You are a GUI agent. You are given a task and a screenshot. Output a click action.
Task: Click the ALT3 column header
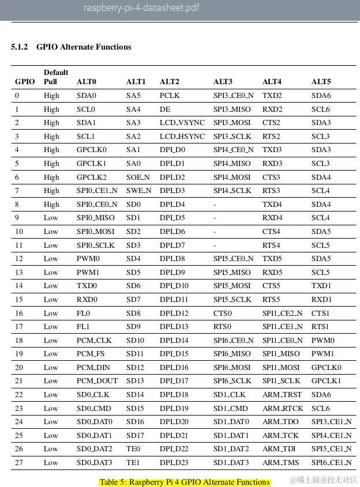click(x=223, y=82)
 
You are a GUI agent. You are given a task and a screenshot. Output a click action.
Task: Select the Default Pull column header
click(x=55, y=77)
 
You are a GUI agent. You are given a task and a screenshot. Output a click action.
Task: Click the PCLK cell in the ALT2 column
click(x=169, y=96)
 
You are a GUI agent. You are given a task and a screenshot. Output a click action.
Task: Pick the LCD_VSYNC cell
click(x=182, y=123)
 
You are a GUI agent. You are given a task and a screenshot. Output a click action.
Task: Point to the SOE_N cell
click(x=138, y=178)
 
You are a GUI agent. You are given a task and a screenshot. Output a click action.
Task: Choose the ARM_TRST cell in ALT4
click(x=282, y=395)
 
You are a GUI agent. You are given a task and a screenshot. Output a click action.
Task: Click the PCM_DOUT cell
click(x=97, y=381)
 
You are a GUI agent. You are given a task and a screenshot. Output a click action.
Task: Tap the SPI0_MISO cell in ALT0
click(x=95, y=218)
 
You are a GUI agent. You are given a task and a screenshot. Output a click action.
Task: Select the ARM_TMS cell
click(x=282, y=463)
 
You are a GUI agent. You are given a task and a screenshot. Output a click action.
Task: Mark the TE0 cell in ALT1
click(x=133, y=449)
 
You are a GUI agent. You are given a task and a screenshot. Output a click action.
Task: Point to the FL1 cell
click(x=83, y=327)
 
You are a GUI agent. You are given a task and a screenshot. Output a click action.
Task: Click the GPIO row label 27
click(x=19, y=463)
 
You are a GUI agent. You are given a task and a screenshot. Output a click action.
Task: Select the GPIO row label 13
click(x=19, y=273)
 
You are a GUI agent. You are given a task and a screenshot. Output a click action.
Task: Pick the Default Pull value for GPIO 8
click(x=51, y=205)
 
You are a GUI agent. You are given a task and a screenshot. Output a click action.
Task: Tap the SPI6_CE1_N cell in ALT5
click(x=331, y=463)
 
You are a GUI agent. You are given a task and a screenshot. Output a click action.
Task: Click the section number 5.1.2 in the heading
click(x=20, y=47)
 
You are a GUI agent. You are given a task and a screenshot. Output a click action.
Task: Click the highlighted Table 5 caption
click(x=184, y=482)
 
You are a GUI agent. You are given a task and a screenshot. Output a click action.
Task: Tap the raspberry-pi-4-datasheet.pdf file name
click(x=141, y=8)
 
